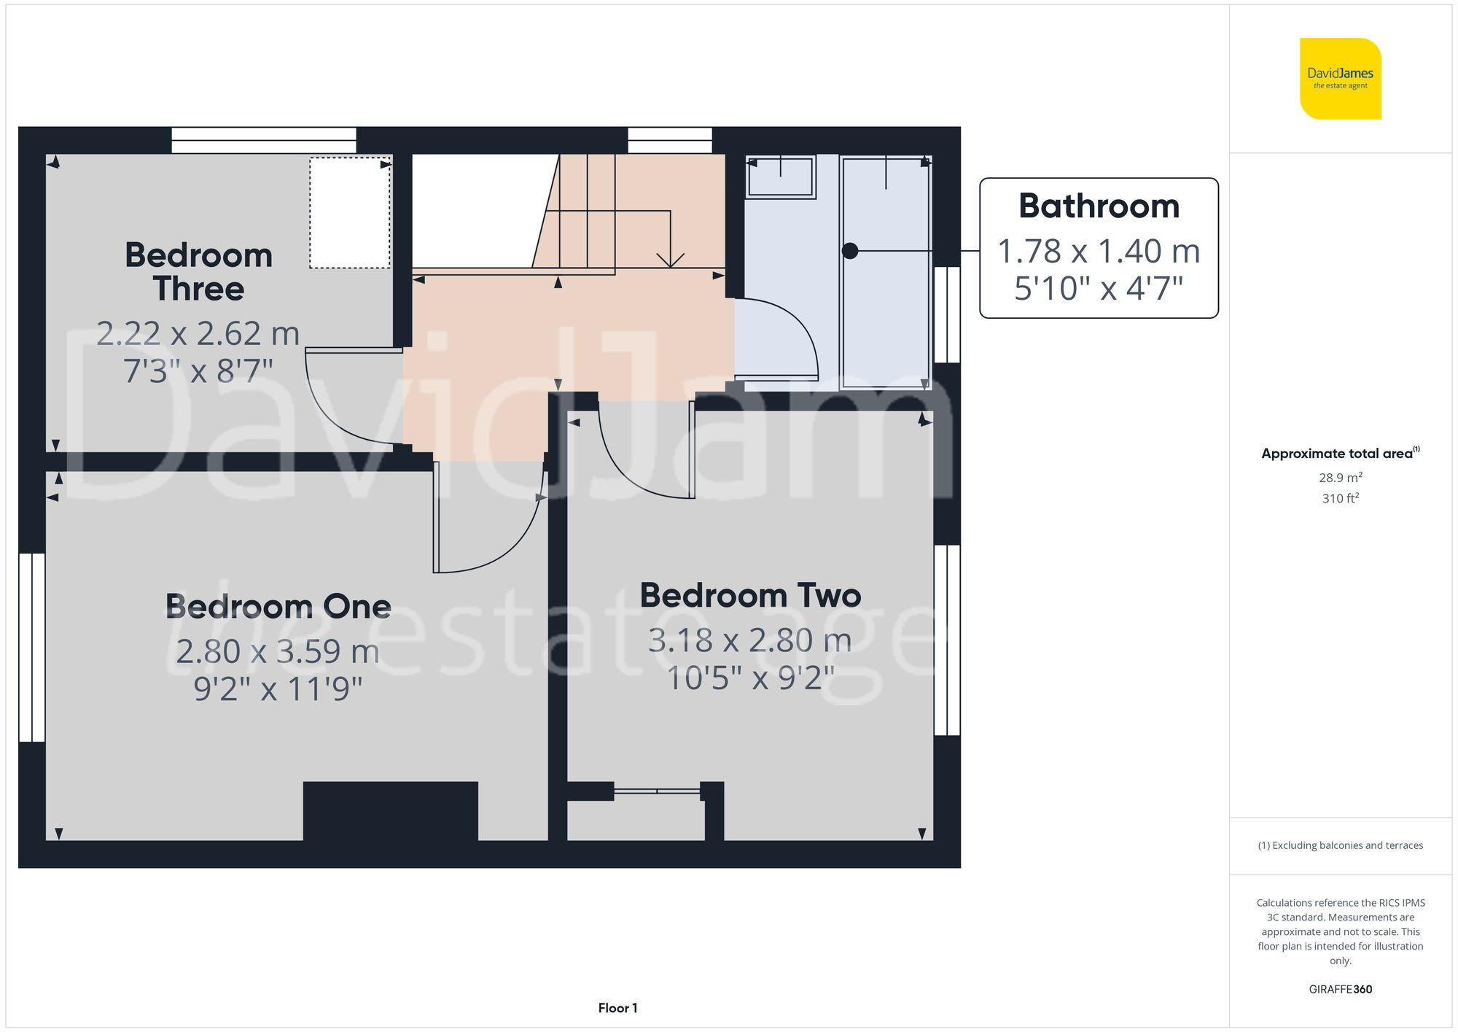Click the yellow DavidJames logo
pos(1340,79)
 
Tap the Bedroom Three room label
pos(198,271)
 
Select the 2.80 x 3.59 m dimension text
pos(277,651)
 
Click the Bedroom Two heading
pos(750,595)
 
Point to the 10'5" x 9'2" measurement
pos(750,678)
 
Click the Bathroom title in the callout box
pos(1099,206)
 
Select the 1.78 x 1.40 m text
pos(1099,252)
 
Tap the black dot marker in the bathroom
pos(849,251)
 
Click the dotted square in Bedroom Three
pos(349,213)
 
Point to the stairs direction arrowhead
pos(670,260)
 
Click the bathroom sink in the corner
pos(780,177)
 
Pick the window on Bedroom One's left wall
pos(32,647)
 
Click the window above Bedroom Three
pos(263,140)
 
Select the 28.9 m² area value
pos(1340,478)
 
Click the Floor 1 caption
pos(617,1008)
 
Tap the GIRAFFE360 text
pos(1340,989)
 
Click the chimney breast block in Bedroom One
pos(390,811)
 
